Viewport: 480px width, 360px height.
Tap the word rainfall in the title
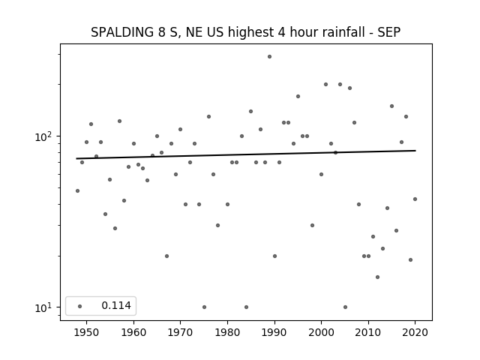(345, 32)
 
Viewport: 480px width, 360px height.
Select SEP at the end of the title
(388, 32)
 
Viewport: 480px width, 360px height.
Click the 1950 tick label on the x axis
(87, 332)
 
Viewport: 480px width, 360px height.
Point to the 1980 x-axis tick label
(227, 332)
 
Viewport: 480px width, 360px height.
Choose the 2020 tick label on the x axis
(415, 332)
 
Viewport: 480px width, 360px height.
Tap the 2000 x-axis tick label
(322, 332)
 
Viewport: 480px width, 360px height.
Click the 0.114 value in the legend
(116, 305)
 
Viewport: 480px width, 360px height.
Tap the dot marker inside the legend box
(80, 306)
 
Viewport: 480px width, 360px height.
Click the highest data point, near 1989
(269, 57)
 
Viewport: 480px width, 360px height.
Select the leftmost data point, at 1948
(77, 190)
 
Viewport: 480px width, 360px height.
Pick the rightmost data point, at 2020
(415, 199)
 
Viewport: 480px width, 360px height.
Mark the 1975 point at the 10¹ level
(204, 307)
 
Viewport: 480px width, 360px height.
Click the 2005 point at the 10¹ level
(345, 307)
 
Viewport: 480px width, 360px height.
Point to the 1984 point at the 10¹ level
(247, 307)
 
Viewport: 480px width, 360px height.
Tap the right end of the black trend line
(415, 151)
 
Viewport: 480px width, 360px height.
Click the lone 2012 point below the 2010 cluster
(377, 277)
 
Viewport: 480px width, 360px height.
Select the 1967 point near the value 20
(166, 256)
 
